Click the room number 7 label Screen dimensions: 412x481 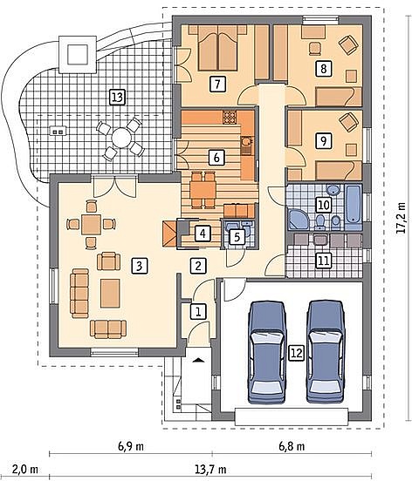pos(217,84)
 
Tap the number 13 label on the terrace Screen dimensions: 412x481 pos(117,98)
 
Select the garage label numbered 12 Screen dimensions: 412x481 pos(296,353)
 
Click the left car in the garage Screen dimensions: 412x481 pos(267,352)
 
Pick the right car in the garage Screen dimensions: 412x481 pos(326,352)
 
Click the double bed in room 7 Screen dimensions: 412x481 pos(218,48)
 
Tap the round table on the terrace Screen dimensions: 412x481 pos(120,139)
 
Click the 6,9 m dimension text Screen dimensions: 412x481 pos(131,446)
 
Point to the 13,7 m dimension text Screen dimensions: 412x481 pos(210,470)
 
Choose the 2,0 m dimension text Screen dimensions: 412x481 pos(25,470)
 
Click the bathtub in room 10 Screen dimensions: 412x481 pos(354,202)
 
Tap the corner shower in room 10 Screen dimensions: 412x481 pos(299,219)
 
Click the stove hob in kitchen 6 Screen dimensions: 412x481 pos(230,117)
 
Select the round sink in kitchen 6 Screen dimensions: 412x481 pos(246,141)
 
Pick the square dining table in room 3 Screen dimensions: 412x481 pos(91,224)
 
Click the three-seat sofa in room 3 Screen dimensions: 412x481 pos(80,293)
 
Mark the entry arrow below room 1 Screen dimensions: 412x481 pos(198,360)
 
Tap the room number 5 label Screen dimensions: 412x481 pos(237,236)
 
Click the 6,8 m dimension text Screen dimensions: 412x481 pos(292,446)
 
